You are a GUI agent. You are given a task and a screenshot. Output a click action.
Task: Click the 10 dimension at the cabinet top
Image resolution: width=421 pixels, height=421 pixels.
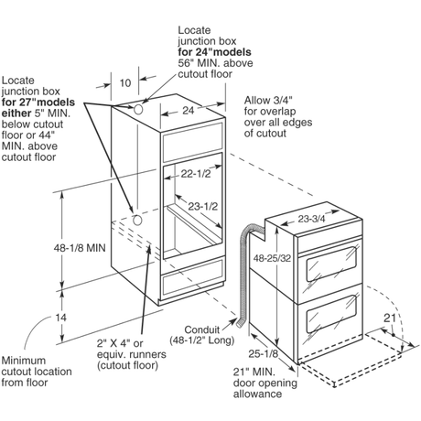[x=125, y=83]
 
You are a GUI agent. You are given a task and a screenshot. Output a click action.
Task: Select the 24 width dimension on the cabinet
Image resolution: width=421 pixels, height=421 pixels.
[x=189, y=111]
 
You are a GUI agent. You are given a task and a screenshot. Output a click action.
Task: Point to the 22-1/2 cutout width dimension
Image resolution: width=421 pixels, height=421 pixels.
[x=196, y=174]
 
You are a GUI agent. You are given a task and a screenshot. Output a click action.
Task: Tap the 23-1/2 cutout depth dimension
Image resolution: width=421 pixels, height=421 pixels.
[x=203, y=207]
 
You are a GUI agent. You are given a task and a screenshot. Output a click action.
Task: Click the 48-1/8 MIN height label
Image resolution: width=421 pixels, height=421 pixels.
[x=80, y=248]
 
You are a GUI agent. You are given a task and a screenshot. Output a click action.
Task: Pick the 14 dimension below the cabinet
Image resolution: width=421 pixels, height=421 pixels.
[x=60, y=318]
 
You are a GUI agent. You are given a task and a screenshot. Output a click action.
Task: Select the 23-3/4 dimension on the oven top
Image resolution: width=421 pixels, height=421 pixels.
[x=311, y=219]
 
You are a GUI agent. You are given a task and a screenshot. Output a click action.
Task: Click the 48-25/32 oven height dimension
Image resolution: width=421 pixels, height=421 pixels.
[x=272, y=258]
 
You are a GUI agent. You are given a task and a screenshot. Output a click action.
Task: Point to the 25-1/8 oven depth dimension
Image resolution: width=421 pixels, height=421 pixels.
[x=263, y=353]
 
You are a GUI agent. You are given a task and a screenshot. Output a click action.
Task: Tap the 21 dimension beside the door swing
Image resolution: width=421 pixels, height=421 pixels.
[x=390, y=318]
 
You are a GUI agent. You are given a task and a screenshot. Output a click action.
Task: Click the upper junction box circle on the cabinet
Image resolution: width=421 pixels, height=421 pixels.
[x=138, y=109]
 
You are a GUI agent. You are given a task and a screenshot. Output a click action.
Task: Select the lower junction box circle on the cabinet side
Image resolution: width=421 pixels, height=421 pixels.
[x=137, y=220]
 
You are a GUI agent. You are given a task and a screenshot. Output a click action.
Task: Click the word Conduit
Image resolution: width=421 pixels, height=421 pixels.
[x=202, y=329]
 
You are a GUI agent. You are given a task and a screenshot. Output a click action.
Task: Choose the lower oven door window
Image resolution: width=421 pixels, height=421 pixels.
[x=331, y=314]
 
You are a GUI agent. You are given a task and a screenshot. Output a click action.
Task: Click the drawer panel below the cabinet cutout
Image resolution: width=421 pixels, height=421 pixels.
[x=193, y=277]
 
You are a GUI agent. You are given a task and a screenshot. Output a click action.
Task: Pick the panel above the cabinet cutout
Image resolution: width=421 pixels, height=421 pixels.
[x=193, y=143]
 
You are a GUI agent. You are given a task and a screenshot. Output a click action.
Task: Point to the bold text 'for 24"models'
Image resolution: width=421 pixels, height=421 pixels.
[x=215, y=52]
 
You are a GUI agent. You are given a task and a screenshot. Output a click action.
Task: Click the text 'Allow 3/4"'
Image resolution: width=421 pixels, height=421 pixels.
[x=268, y=100]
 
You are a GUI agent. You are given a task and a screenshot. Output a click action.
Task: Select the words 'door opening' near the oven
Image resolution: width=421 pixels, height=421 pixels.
[x=265, y=383]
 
